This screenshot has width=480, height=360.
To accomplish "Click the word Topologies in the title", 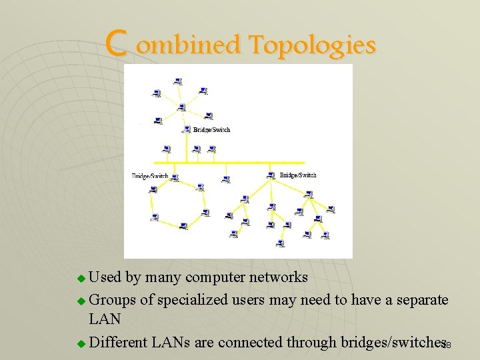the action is click(311, 45).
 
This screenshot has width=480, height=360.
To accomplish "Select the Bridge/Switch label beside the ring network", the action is click(150, 176).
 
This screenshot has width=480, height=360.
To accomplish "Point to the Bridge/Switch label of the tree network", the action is click(298, 175).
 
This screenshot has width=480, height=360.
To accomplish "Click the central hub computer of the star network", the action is click(181, 107).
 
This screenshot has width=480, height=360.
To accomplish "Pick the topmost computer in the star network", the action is click(177, 81).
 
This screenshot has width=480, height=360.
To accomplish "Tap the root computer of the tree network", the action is click(270, 175).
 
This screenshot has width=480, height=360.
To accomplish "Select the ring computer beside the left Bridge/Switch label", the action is click(174, 178).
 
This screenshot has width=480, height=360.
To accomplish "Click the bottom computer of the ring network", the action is click(183, 227).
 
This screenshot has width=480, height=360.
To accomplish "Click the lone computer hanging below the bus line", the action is click(225, 179).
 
